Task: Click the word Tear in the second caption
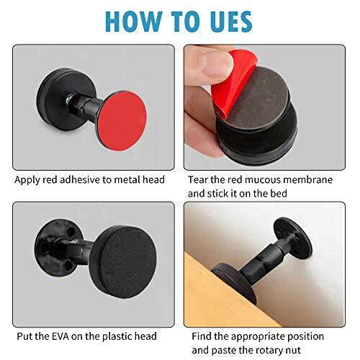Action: [198, 179]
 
